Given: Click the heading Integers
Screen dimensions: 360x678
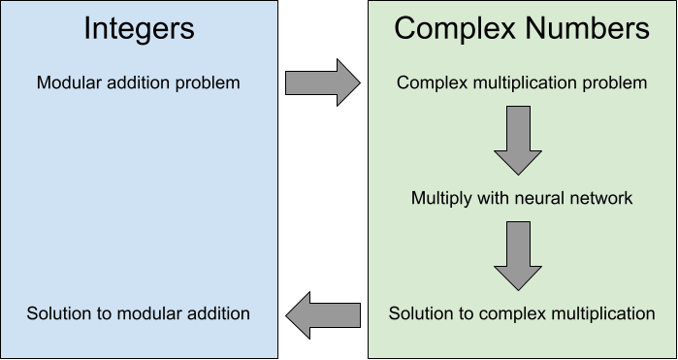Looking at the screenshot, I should point(138,28).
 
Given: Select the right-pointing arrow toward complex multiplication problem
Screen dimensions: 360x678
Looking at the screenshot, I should point(322,83).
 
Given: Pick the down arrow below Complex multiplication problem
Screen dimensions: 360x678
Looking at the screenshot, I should point(517,141).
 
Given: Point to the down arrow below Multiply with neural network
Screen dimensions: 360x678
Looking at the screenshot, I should point(517,255).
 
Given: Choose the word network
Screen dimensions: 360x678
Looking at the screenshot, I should point(600,198).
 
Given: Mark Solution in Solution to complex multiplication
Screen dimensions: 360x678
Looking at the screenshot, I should point(420,313).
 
